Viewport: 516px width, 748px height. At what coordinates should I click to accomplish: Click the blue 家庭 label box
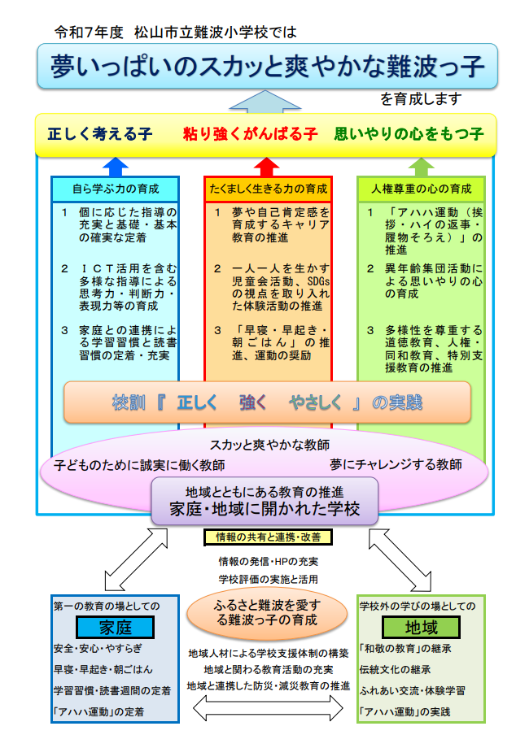pos(115,628)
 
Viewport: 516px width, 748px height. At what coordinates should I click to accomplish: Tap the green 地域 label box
pos(421,628)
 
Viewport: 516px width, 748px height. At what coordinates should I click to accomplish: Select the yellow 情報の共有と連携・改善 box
pos(268,537)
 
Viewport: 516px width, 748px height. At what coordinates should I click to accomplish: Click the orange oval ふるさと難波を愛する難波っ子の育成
pos(267,613)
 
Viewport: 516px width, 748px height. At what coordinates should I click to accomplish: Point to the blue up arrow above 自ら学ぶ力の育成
pos(116,167)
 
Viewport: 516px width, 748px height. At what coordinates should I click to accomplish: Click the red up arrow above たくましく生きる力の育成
pos(266,167)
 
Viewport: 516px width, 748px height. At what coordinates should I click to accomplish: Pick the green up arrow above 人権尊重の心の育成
pos(421,167)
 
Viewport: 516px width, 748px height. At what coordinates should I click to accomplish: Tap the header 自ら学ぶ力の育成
pos(115,189)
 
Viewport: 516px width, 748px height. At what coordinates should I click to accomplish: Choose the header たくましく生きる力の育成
pos(268,189)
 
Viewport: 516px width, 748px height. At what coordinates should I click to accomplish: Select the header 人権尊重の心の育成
pos(421,189)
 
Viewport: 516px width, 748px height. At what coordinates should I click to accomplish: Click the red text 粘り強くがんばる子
pos(250,134)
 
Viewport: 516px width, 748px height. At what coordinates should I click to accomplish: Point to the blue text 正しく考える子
pos(100,134)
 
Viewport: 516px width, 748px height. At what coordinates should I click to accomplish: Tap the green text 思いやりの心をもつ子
pos(409,134)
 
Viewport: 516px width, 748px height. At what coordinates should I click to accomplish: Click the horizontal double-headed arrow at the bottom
pos(268,707)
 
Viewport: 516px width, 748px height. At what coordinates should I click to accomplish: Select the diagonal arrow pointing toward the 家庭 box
pos(136,559)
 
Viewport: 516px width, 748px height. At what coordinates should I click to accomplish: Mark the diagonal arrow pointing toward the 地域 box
pos(400,559)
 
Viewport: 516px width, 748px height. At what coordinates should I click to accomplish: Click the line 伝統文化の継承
pos(395,670)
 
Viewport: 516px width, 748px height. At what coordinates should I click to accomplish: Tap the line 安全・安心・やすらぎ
pos(98,649)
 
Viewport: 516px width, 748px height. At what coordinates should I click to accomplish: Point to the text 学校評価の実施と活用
pos(269,579)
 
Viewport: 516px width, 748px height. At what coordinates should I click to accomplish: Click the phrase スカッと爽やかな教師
pos(269,445)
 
